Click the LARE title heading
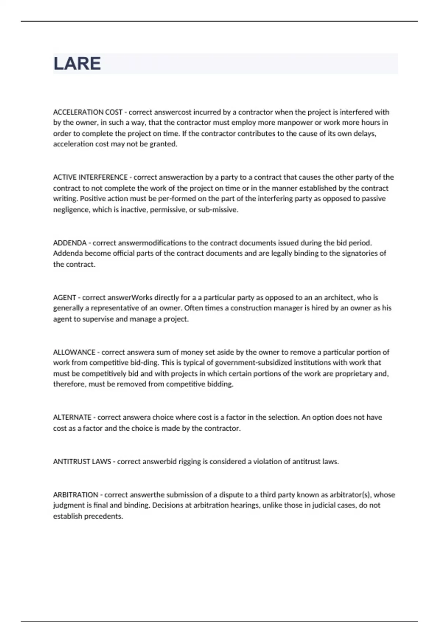point(77,64)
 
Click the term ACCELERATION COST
point(88,112)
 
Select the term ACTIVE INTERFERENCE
point(90,177)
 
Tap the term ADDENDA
point(70,243)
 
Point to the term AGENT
point(64,297)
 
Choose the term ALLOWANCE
point(74,352)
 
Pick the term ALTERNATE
point(72,417)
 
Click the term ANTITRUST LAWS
point(82,461)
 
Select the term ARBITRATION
point(76,495)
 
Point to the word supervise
point(98,319)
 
